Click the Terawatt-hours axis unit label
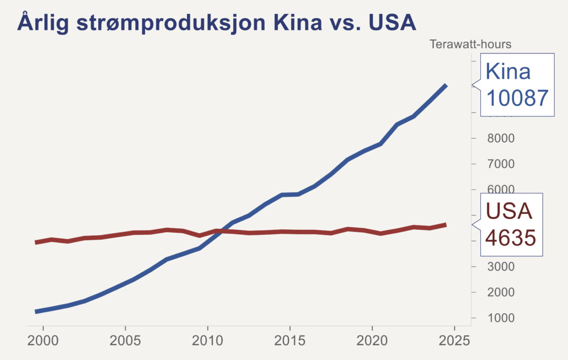coord(470,44)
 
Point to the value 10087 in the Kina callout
coord(517,98)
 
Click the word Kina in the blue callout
coord(508,72)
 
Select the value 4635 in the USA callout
coord(510,238)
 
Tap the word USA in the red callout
coord(508,212)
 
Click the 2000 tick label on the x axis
coord(43,339)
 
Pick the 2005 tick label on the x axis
coord(125,339)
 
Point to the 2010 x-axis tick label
coord(207,339)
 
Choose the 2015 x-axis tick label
coord(290,339)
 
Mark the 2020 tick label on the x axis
coord(372,339)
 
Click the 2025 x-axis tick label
coord(454,339)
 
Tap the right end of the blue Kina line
coord(446,85)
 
